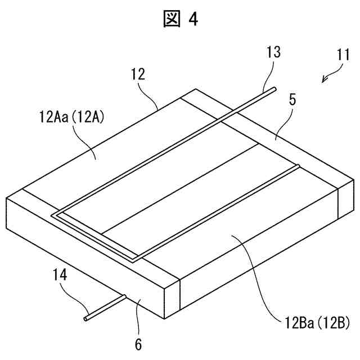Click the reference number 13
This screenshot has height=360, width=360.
[x=273, y=53]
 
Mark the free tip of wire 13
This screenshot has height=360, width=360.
[x=274, y=88]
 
